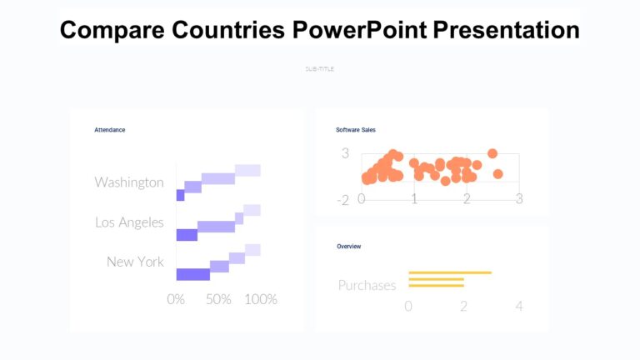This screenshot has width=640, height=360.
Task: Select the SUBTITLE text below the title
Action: pyautogui.click(x=320, y=69)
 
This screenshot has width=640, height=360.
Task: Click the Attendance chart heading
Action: pyautogui.click(x=109, y=130)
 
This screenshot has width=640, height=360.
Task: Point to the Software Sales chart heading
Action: pyautogui.click(x=355, y=130)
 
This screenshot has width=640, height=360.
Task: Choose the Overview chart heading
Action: pyautogui.click(x=348, y=247)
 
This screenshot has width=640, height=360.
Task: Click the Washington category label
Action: pyautogui.click(x=129, y=182)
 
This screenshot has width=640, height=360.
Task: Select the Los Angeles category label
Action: pyautogui.click(x=129, y=222)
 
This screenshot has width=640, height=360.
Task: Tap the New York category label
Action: pyautogui.click(x=135, y=262)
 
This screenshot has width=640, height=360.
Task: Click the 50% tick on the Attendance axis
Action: pyautogui.click(x=218, y=299)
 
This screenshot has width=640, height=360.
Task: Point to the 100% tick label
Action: pyautogui.click(x=261, y=299)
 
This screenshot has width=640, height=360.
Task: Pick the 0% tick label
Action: pyautogui.click(x=176, y=299)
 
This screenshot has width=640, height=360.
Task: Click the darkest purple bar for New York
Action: pyautogui.click(x=192, y=275)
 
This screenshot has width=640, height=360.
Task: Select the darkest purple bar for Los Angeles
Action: pyautogui.click(x=187, y=235)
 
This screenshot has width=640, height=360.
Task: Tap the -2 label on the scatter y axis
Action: pyautogui.click(x=342, y=201)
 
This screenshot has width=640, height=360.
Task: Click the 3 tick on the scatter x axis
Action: pyautogui.click(x=519, y=199)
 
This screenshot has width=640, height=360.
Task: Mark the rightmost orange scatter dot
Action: pyautogui.click(x=498, y=173)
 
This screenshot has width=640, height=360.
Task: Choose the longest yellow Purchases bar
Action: pyautogui.click(x=450, y=272)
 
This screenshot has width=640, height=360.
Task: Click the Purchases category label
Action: pyautogui.click(x=367, y=285)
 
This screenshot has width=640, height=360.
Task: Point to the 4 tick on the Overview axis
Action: pyautogui.click(x=519, y=307)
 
